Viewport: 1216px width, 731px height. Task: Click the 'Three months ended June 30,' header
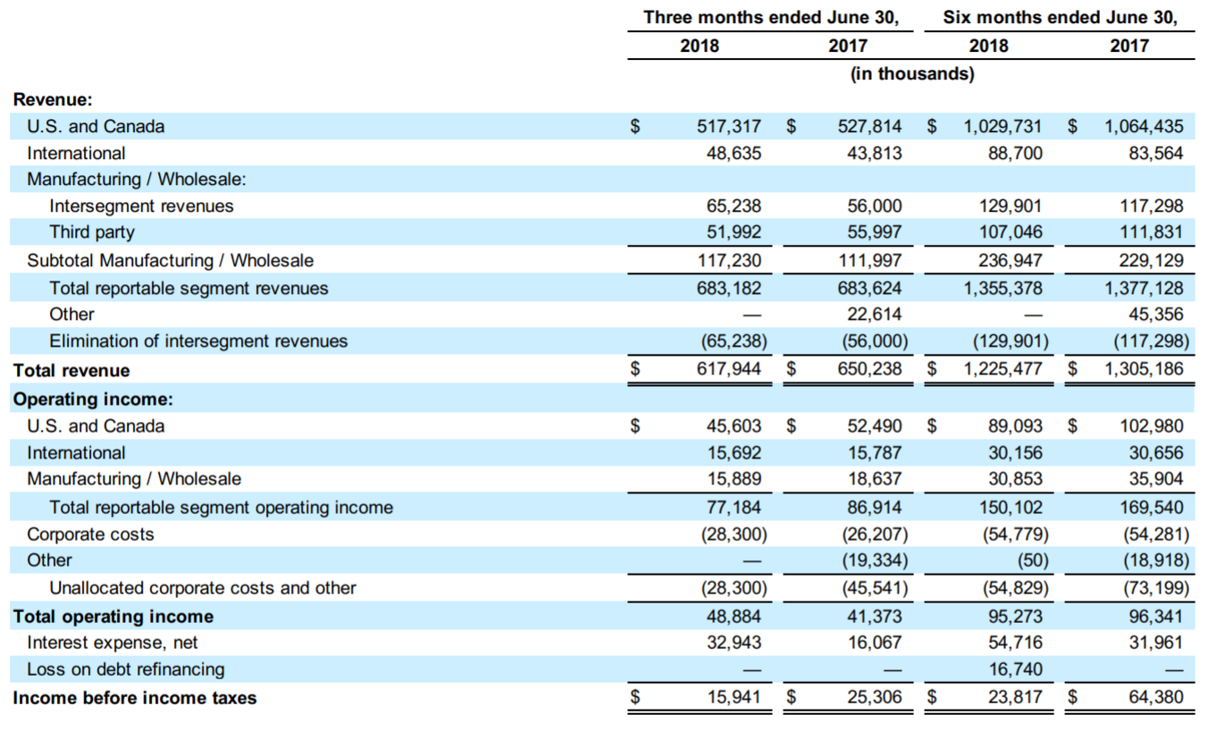(771, 17)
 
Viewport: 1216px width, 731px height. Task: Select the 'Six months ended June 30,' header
(1061, 17)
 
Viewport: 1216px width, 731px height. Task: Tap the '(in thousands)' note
(912, 73)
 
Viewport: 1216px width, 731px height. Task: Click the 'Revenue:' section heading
(53, 99)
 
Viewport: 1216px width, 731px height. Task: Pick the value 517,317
(728, 126)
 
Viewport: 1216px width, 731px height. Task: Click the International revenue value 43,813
(874, 153)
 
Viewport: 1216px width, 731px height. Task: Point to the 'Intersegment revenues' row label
(141, 206)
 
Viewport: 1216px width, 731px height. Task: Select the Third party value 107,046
(1011, 231)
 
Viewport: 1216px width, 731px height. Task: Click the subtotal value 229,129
(1151, 261)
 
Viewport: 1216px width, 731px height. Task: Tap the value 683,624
(869, 288)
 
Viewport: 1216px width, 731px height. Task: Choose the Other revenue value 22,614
(874, 314)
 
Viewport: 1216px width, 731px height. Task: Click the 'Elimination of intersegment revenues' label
(198, 340)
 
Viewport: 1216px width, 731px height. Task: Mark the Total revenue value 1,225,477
(1002, 369)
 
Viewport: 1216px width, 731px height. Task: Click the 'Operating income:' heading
(93, 399)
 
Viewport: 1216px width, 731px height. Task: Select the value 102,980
(1152, 425)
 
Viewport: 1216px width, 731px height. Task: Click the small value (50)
(1033, 560)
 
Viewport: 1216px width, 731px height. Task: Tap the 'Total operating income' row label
(113, 617)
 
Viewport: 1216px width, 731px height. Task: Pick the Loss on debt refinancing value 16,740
(1015, 669)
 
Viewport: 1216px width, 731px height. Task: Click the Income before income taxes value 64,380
(1156, 697)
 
